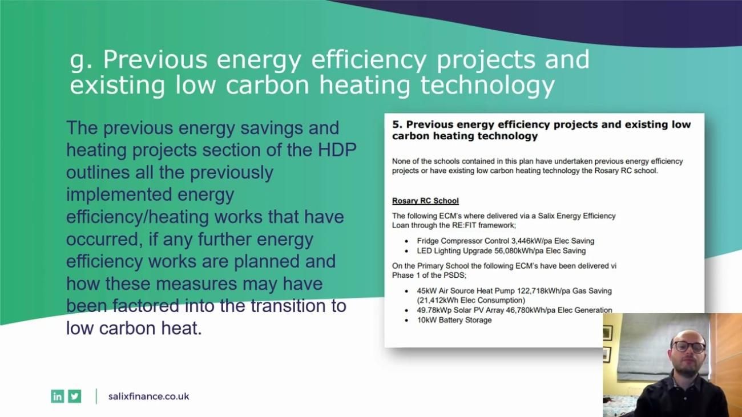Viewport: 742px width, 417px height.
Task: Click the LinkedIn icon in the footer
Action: (57, 396)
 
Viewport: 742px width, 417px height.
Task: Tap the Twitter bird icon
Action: (75, 396)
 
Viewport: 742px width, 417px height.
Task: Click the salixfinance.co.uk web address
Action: (148, 396)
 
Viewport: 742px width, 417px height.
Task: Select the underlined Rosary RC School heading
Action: (425, 201)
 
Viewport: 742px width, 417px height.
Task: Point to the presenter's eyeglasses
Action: (689, 346)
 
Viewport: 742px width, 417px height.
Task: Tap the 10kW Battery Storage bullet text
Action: (454, 320)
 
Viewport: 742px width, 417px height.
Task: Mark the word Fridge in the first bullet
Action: (428, 241)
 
